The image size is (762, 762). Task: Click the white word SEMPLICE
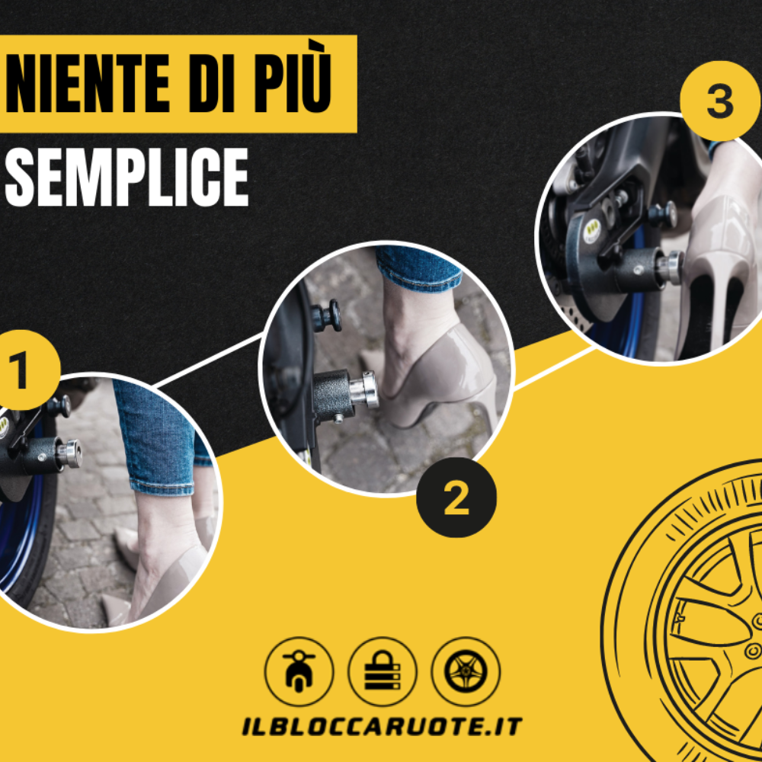tap(126, 177)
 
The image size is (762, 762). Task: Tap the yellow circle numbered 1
tap(22, 370)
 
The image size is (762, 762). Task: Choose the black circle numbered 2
tap(456, 497)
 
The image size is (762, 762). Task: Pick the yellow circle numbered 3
tap(720, 101)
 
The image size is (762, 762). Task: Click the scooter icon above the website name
tap(299, 671)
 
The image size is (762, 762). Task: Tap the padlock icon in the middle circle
tap(383, 671)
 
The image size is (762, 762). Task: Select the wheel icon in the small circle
tap(466, 671)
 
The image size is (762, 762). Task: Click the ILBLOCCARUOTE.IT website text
tap(382, 726)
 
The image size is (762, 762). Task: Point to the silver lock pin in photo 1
tap(69, 453)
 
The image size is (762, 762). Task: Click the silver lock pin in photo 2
tap(364, 389)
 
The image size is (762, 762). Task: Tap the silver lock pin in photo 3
tap(669, 267)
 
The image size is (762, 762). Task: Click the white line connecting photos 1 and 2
tap(209, 360)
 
